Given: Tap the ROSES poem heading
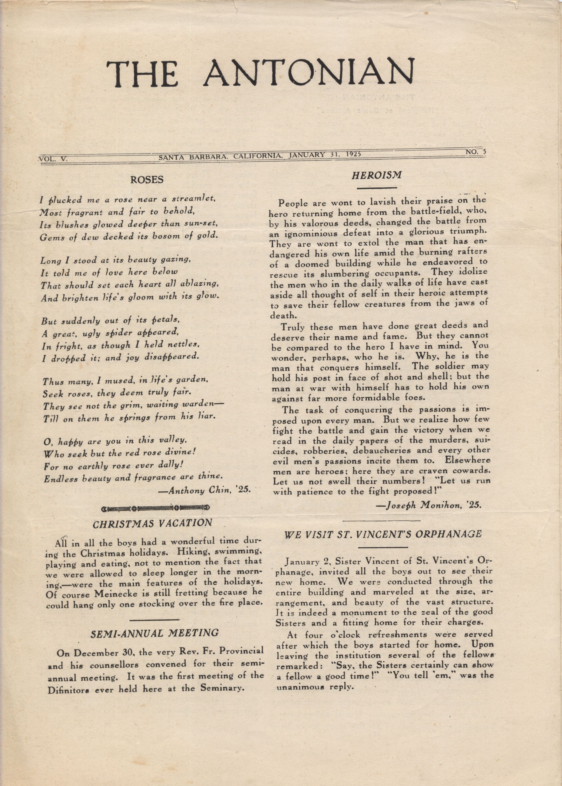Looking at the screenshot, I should [x=146, y=180].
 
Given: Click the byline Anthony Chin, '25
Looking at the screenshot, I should [x=204, y=491].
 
